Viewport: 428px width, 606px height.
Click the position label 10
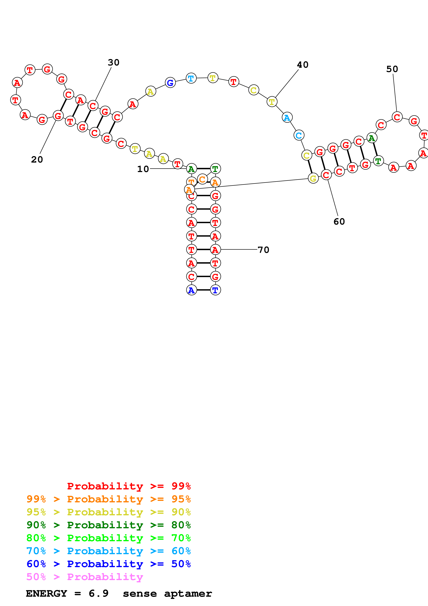click(x=143, y=169)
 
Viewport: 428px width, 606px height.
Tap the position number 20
click(x=37, y=159)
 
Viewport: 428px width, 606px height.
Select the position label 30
click(x=114, y=63)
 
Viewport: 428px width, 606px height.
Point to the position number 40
click(x=302, y=65)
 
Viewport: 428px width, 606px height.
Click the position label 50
click(x=392, y=69)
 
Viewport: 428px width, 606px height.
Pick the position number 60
click(x=339, y=221)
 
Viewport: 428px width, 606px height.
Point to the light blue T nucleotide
click(x=191, y=78)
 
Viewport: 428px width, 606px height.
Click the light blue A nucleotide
click(x=287, y=117)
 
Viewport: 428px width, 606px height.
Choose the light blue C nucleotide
click(x=299, y=135)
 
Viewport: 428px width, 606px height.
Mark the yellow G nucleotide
click(x=313, y=178)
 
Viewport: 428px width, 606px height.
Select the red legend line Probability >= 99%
click(x=129, y=486)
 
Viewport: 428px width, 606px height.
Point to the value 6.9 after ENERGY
click(x=98, y=593)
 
